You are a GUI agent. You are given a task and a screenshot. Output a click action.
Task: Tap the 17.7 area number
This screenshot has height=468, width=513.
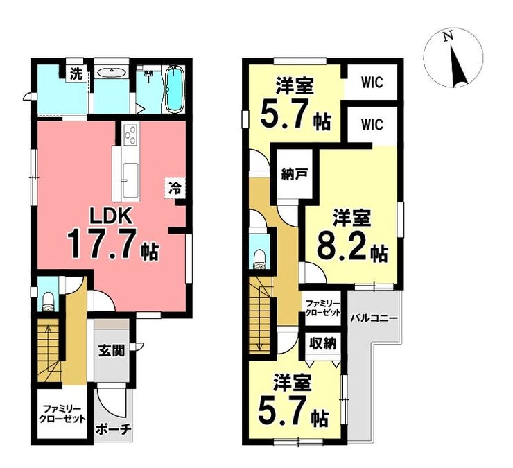102,244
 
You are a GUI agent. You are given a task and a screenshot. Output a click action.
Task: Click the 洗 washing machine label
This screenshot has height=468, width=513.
76,75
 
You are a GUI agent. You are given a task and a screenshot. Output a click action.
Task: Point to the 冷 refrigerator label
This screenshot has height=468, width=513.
175,188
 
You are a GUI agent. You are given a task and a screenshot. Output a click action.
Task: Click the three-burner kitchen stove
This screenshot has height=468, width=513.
130,134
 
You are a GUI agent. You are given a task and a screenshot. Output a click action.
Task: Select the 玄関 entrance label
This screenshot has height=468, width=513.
112,351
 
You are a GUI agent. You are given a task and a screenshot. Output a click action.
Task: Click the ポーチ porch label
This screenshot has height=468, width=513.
114,429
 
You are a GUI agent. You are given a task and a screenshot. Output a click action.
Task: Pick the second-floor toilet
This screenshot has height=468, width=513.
259,259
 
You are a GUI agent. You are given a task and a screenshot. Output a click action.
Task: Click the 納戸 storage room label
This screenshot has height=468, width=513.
294,175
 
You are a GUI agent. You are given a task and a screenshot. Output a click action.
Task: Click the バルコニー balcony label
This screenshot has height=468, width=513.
374,318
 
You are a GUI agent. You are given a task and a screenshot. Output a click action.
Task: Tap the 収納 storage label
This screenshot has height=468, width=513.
323,345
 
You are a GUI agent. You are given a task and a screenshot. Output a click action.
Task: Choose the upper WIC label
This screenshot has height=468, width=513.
372,82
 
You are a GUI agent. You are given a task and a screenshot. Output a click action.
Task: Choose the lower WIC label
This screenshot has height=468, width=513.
372,125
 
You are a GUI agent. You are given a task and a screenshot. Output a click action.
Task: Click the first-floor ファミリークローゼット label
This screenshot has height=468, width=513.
62,414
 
